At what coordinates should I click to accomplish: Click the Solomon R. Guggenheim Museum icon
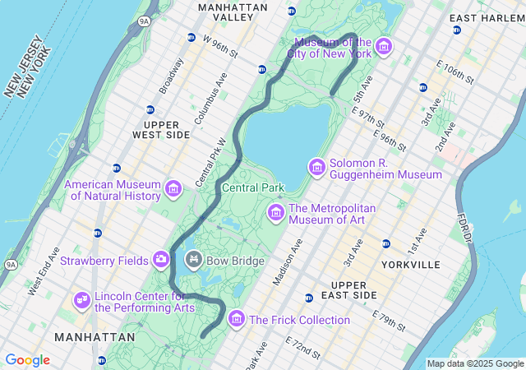click(x=316, y=168)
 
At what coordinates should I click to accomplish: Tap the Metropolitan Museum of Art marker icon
click(x=275, y=213)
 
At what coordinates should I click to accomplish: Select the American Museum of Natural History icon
click(x=173, y=189)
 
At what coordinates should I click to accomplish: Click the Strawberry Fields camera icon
click(x=160, y=261)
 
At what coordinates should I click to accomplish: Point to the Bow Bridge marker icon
click(x=194, y=261)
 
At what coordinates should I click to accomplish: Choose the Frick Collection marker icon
click(x=237, y=318)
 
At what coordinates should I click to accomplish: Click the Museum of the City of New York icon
click(x=384, y=49)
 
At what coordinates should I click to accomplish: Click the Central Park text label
click(x=253, y=187)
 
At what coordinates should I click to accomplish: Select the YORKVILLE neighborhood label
click(x=411, y=265)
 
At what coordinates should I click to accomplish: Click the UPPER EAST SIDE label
click(x=355, y=289)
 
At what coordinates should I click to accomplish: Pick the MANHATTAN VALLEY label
click(x=233, y=12)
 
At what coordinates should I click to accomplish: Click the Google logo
click(x=27, y=360)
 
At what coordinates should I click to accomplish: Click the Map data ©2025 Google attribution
click(x=474, y=363)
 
